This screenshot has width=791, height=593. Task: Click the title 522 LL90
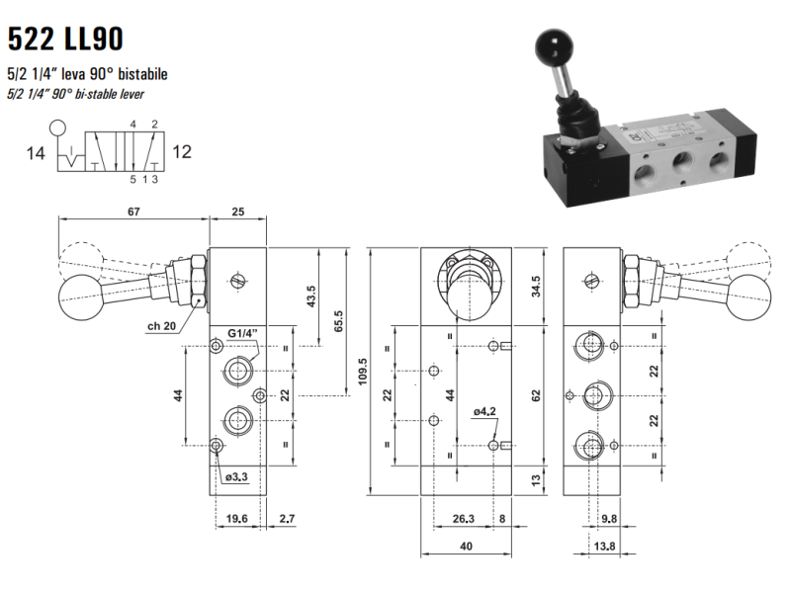click(x=65, y=39)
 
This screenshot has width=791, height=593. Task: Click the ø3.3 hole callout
click(x=238, y=477)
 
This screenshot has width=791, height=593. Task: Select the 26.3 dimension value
click(x=463, y=518)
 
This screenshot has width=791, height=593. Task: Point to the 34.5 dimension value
click(x=535, y=286)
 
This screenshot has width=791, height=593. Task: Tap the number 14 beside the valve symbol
click(x=35, y=152)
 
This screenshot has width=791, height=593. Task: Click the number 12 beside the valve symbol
click(x=182, y=152)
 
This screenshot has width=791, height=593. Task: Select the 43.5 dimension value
click(x=311, y=296)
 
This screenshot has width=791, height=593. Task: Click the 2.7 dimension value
click(x=287, y=518)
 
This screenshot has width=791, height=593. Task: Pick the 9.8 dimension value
click(x=609, y=518)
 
